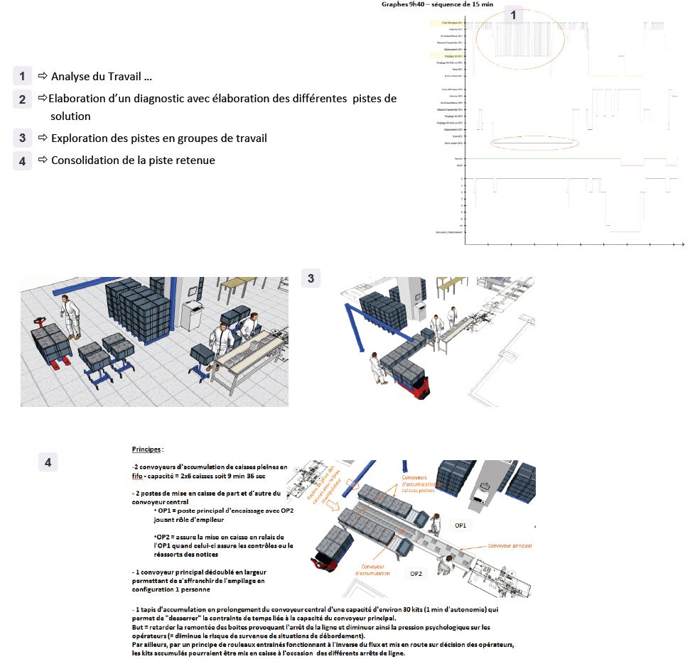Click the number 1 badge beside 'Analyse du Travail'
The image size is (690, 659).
22,76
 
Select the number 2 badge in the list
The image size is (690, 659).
22,99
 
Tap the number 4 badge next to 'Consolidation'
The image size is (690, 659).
22,160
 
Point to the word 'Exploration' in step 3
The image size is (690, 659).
80,138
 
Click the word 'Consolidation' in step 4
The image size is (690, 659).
85,160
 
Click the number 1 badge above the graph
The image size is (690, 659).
514,14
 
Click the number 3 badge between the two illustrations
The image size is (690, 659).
311,278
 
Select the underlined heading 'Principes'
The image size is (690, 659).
147,450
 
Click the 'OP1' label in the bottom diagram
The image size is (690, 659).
460,525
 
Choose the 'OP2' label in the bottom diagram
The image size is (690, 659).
417,572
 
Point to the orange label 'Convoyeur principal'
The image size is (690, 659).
510,546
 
